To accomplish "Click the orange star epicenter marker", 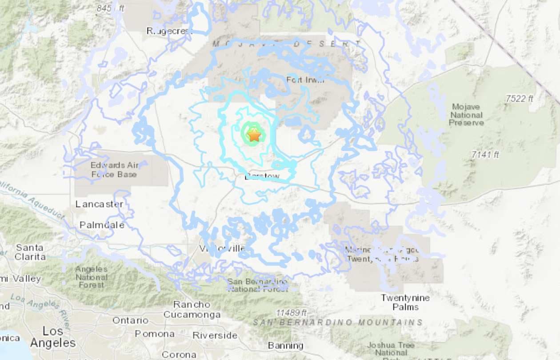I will point(254,135).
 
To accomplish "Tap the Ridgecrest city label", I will point(169,31).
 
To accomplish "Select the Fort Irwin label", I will point(306,80).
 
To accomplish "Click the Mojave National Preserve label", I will point(466,115).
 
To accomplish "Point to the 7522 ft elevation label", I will point(519,99).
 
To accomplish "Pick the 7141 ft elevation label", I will point(485,155).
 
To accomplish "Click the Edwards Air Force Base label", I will point(115,170).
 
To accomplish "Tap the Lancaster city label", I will point(99,204).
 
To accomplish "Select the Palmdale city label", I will point(102,225).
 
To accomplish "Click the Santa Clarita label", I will point(30,252).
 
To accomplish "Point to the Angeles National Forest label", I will point(91,277).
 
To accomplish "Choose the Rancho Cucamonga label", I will point(192,310).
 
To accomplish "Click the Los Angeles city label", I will point(53,337).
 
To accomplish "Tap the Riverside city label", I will point(215,335).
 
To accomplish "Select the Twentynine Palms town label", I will point(405,302).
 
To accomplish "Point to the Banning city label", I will point(286,345).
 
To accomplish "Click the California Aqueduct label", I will point(33,200).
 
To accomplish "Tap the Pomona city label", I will point(155,334).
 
